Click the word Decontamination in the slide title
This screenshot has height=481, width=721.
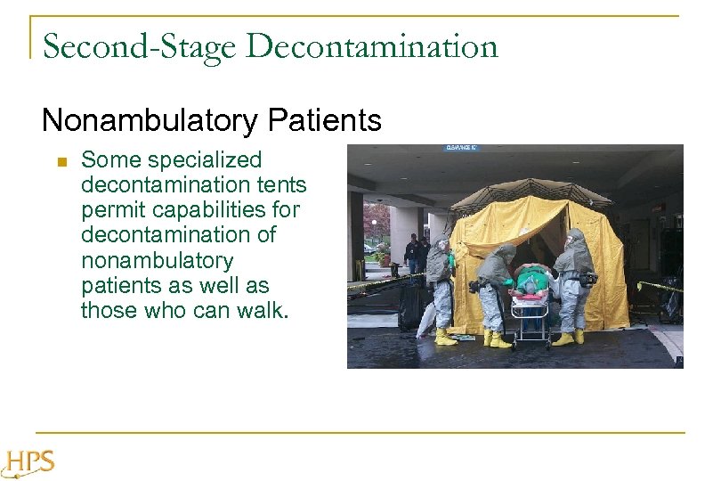372,46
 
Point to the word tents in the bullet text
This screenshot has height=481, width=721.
282,185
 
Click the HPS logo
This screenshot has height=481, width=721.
28,463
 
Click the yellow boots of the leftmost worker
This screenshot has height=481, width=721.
445,337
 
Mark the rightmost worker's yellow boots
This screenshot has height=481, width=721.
569,338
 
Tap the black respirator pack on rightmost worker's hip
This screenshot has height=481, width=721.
587,279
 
